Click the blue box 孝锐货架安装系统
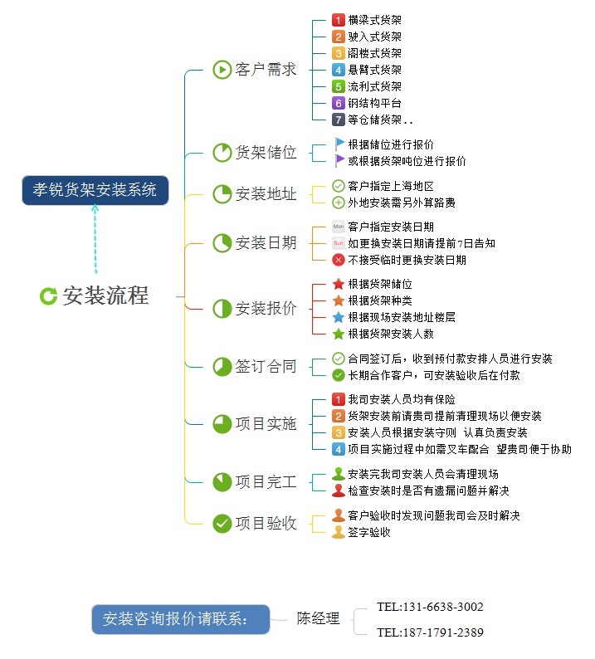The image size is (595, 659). click(95, 190)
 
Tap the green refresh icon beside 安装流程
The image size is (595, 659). click(49, 295)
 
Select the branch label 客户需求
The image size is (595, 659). click(266, 70)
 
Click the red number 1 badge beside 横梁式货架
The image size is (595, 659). click(338, 20)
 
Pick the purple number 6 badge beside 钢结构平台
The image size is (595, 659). click(338, 103)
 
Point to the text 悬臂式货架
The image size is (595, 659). click(374, 70)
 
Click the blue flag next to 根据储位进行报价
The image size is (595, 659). click(339, 144)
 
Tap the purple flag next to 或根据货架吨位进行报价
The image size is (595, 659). click(339, 161)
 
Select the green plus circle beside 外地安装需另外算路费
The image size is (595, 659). click(339, 203)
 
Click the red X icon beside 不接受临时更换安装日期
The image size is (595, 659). click(339, 260)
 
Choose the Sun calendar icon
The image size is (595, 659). click(339, 243)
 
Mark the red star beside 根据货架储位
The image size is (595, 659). click(339, 284)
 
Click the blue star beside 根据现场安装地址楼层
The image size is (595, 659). click(339, 317)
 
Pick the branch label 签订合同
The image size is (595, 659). click(266, 366)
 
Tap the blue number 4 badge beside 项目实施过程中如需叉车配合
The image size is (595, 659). click(338, 449)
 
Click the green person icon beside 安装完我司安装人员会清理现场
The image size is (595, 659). click(339, 474)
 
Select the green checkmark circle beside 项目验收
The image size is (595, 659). click(222, 523)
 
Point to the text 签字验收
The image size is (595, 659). click(369, 532)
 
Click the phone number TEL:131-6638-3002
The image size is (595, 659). click(430, 607)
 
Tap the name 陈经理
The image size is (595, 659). click(319, 618)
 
